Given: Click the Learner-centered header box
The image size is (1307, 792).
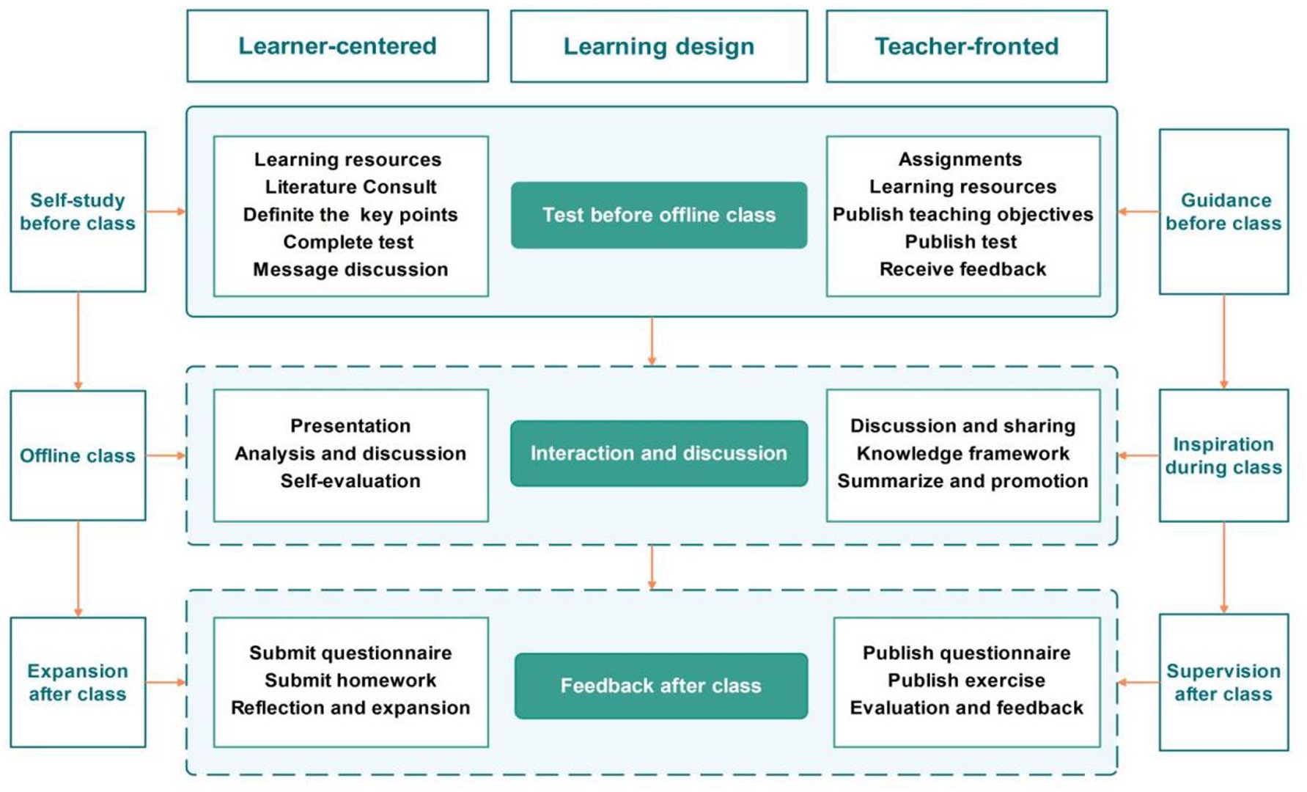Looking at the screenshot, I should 337,46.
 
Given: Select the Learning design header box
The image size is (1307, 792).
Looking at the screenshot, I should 658,46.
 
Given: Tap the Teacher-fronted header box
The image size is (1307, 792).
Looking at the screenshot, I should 966,46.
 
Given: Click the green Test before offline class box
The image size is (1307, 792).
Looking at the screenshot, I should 658,215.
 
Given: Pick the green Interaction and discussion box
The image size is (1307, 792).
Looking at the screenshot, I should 658,453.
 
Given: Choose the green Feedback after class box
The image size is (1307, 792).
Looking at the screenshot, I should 660,686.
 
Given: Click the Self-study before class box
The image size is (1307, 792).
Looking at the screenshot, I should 78,212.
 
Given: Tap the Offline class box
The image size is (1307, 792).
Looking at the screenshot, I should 78,455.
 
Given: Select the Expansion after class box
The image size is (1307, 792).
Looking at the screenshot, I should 78,682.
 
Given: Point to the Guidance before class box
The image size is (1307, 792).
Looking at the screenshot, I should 1223,212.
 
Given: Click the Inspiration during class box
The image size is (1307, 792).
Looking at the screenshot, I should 1223,455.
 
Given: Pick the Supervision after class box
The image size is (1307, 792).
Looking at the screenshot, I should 1223,682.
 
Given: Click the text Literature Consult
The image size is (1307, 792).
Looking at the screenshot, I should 350,187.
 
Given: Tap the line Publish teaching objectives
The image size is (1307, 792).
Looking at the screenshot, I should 962,214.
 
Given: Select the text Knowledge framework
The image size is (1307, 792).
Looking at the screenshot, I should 962,454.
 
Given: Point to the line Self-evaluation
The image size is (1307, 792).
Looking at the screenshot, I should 350,481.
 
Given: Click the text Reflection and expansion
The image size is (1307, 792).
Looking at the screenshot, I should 350,708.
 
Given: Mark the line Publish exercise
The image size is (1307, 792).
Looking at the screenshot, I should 966,681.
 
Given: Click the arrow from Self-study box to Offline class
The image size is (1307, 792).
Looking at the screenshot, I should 78,341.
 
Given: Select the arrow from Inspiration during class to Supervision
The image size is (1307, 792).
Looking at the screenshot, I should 1223,568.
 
